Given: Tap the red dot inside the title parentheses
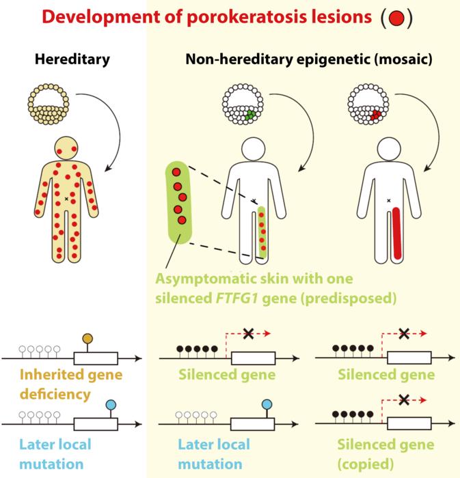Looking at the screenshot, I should (396, 18).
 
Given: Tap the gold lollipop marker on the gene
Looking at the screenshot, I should (87, 339).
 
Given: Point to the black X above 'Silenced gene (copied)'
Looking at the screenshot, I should (404, 400).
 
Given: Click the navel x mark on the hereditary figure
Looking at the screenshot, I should (66, 199).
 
